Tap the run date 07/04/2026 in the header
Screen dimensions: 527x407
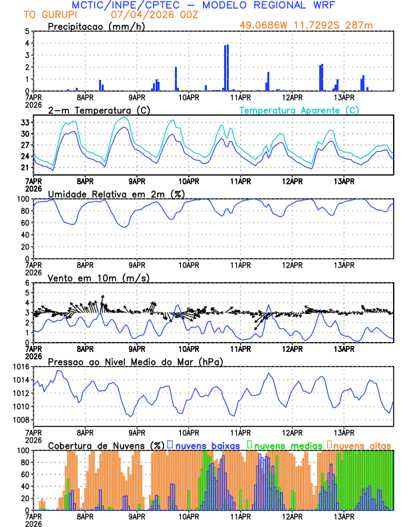138,14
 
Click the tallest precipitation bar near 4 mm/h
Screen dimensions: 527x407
227,67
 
